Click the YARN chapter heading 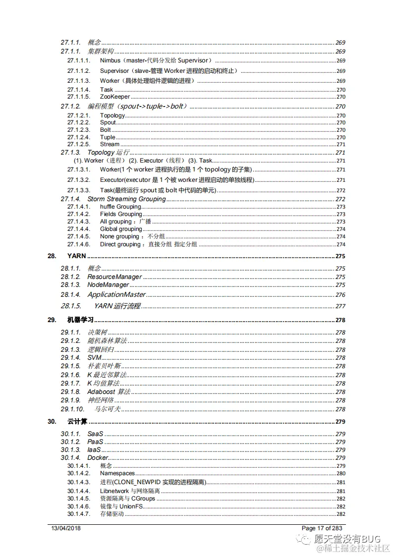[76, 256]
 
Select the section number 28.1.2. [70, 277]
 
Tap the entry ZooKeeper [114, 97]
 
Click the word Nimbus [110, 60]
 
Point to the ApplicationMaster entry [116, 295]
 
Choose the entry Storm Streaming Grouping [126, 199]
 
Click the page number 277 [340, 306]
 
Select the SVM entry [94, 357]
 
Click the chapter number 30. [52, 422]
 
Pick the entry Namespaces [117, 473]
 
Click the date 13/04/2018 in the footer [66, 528]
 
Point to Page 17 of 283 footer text [322, 528]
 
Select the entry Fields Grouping [121, 214]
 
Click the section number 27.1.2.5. [79, 144]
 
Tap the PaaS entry [95, 442]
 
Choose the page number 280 [341, 473]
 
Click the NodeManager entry [108, 285]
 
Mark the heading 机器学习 [80, 320]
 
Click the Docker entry [98, 457]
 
